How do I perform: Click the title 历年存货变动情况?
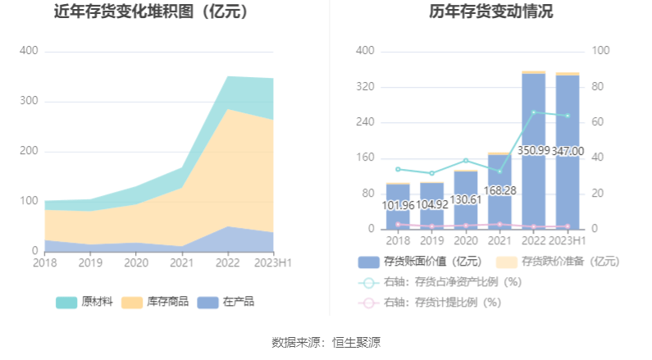pos(490,12)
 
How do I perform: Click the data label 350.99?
pos(534,151)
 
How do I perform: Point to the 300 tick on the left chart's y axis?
pos(29,101)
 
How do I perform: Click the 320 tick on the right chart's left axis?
pos(364,87)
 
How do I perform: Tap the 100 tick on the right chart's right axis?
pos(600,51)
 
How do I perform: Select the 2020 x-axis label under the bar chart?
pos(466,240)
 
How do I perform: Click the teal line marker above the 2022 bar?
pos(534,112)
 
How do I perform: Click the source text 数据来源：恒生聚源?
pos(326,342)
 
